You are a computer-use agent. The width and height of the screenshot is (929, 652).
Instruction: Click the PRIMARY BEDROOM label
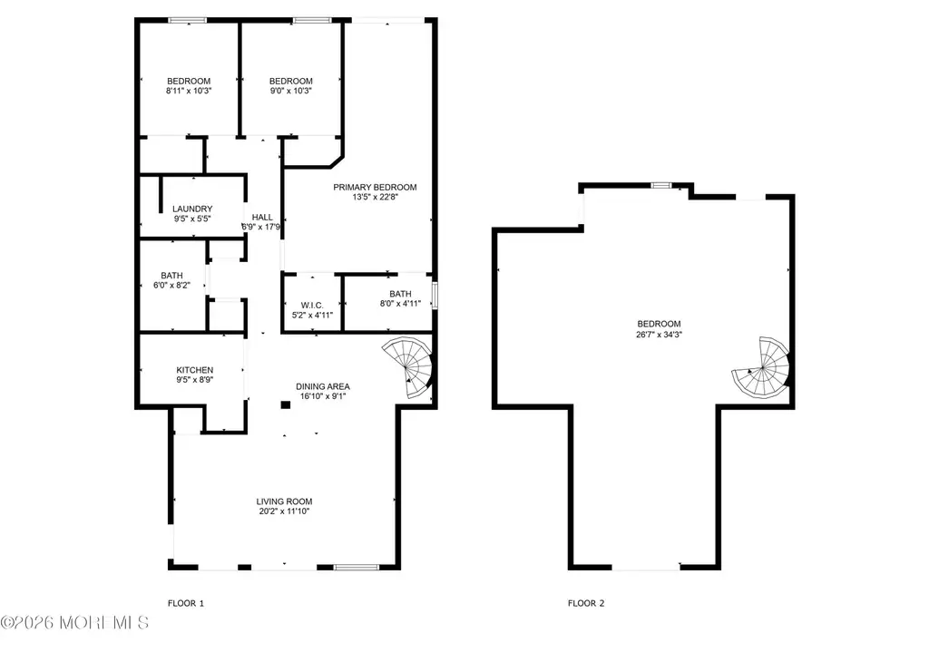(375, 187)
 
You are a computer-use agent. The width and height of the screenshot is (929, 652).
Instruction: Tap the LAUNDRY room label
(192, 209)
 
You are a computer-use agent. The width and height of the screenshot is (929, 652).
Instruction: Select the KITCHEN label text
(194, 370)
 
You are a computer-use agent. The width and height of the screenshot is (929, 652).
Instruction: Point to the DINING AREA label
(323, 386)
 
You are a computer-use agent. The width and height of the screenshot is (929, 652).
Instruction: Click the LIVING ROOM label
(284, 501)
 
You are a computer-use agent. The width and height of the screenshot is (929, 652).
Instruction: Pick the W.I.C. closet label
(312, 306)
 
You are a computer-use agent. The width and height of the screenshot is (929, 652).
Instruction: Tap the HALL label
(262, 218)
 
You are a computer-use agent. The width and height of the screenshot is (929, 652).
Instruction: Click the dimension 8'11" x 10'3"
(189, 92)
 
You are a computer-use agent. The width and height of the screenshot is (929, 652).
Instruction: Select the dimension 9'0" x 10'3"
(290, 92)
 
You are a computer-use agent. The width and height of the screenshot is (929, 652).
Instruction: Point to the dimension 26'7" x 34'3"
(659, 335)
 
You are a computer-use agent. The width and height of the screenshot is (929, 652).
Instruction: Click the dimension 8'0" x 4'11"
(400, 304)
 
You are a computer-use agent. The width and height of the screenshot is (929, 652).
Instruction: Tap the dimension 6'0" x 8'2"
(171, 286)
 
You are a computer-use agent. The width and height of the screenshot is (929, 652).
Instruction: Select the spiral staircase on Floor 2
(761, 367)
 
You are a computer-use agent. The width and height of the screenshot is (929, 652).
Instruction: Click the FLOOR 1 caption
(186, 603)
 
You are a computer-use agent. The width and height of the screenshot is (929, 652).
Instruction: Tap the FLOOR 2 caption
(586, 603)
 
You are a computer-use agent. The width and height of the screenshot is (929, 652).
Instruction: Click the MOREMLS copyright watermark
(74, 622)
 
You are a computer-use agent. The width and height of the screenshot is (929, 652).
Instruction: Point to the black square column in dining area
(286, 405)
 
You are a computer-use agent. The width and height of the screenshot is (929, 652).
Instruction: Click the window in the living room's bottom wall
(356, 568)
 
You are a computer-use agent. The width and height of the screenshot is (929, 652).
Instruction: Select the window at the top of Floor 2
(661, 185)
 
